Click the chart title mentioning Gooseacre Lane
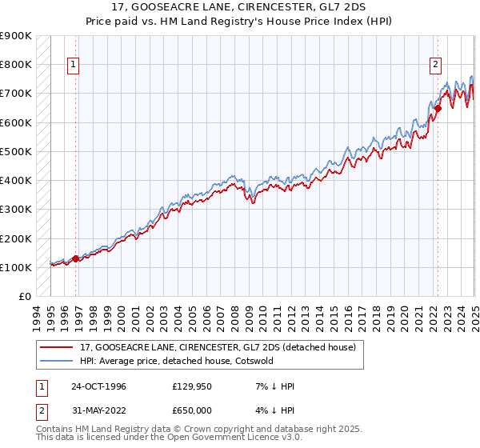(x=240, y=8)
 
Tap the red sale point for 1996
(x=76, y=258)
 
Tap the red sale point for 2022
(x=438, y=108)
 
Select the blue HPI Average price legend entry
(x=176, y=361)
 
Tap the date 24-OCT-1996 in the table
(x=97, y=386)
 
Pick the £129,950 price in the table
(x=193, y=386)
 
